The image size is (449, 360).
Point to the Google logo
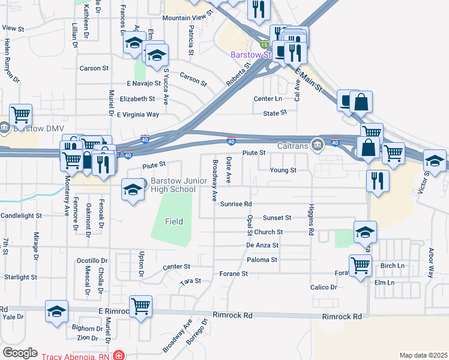click(20, 352)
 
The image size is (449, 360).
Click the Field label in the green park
click(174, 221)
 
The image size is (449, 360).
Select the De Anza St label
click(262, 245)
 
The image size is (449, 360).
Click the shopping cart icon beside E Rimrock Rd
click(140, 307)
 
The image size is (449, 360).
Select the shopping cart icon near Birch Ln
click(360, 264)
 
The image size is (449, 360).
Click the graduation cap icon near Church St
click(365, 233)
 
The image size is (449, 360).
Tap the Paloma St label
click(262, 260)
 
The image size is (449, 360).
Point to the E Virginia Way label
click(138, 114)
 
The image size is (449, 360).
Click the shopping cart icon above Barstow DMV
click(20, 113)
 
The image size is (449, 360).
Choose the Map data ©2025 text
click(423, 355)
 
